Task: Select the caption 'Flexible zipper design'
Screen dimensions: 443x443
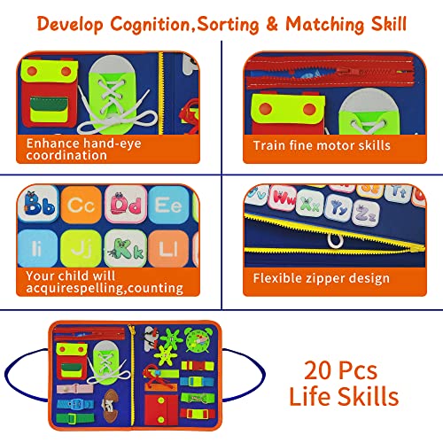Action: [x=322, y=279]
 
